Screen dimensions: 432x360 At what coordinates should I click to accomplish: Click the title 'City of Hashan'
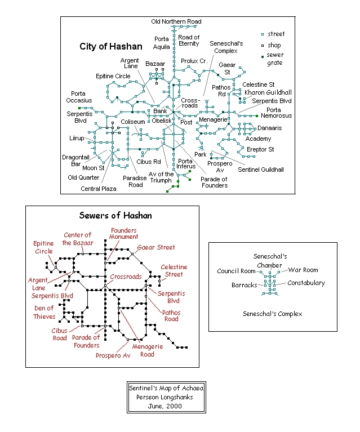(112, 46)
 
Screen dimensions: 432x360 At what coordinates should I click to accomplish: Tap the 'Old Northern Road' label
(176, 21)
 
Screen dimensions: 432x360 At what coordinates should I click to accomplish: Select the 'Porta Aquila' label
(162, 43)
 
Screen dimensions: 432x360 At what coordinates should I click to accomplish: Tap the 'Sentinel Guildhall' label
(261, 169)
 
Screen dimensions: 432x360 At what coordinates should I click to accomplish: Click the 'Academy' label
(258, 139)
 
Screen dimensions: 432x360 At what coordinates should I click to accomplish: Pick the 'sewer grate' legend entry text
(275, 59)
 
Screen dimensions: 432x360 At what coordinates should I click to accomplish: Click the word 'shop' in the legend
(274, 45)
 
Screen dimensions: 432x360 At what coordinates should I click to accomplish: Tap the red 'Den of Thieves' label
(43, 312)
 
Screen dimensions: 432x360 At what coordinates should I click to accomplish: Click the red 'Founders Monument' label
(124, 234)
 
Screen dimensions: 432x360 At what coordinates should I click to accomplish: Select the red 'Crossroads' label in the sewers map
(126, 277)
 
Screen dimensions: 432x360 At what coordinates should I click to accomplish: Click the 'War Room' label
(303, 270)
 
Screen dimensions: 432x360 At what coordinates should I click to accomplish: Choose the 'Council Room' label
(237, 271)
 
